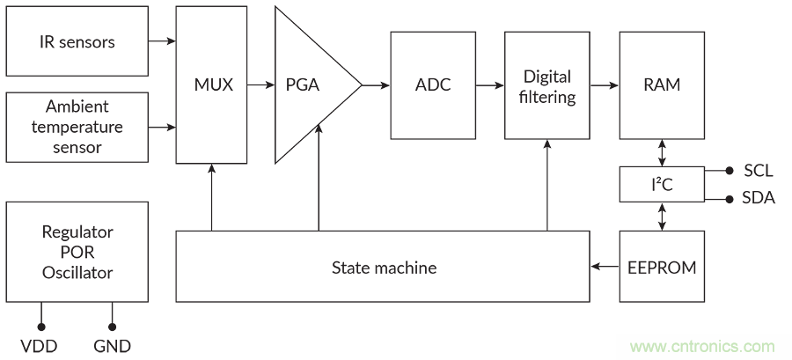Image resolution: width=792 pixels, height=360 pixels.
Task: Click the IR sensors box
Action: [77, 41]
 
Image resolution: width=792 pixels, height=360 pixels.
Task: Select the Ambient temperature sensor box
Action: [77, 127]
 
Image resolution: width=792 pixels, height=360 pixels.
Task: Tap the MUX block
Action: [212, 85]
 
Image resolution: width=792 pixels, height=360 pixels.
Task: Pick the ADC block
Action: [432, 85]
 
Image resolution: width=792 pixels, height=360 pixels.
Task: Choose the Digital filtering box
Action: [547, 85]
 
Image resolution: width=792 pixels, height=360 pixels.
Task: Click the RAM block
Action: [662, 85]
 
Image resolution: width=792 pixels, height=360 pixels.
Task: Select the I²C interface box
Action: [662, 183]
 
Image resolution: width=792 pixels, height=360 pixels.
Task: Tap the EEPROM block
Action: [662, 266]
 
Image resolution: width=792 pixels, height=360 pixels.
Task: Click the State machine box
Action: [383, 266]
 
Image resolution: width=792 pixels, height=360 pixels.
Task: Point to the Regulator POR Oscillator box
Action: [77, 252]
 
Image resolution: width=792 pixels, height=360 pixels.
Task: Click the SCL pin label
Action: [759, 170]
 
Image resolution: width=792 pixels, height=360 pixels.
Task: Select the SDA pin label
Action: [759, 198]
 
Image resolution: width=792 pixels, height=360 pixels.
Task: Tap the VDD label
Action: [40, 346]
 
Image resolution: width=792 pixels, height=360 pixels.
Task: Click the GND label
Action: [112, 346]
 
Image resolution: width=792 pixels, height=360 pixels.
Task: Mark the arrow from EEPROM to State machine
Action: [605, 266]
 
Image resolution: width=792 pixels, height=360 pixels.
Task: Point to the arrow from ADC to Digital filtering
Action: [489, 85]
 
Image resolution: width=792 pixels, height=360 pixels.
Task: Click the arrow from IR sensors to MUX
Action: [162, 41]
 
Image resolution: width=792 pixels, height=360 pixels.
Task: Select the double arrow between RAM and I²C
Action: [662, 151]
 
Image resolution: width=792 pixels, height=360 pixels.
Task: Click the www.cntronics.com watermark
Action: [702, 346]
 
